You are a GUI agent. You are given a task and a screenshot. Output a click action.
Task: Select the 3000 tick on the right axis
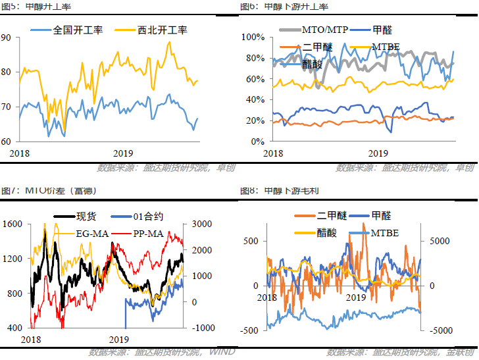pyautogui.click(x=201, y=224)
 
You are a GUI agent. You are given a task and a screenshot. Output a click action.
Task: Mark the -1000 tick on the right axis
pyautogui.click(x=201, y=328)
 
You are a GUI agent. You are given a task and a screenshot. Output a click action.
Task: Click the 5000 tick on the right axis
pyautogui.click(x=441, y=241)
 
